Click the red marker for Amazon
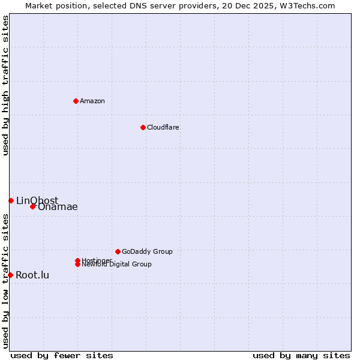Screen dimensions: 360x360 pyautogui.click(x=76, y=101)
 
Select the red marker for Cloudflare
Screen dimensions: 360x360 pyautogui.click(x=143, y=127)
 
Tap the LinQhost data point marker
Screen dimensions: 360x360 pyautogui.click(x=11, y=200)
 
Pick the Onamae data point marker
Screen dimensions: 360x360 pyautogui.click(x=33, y=206)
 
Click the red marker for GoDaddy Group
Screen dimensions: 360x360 pyautogui.click(x=118, y=251)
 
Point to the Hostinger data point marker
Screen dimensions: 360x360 pyautogui.click(x=77, y=260)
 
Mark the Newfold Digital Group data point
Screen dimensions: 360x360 pyautogui.click(x=78, y=264)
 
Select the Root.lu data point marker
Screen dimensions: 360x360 pyautogui.click(x=10, y=275)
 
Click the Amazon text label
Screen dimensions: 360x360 pyautogui.click(x=92, y=101)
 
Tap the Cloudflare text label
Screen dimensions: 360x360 pyautogui.click(x=163, y=127)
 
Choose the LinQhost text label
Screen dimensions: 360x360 pyautogui.click(x=37, y=200)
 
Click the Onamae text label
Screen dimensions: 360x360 pyautogui.click(x=58, y=207)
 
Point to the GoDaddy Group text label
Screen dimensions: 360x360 pyautogui.click(x=147, y=251)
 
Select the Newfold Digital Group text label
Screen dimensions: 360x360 pyautogui.click(x=117, y=265)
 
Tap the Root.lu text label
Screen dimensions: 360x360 pyautogui.click(x=32, y=275)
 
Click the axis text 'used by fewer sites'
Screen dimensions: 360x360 pyautogui.click(x=62, y=355)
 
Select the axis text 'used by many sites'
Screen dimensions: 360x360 pyautogui.click(x=301, y=355)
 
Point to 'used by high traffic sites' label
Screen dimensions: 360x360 pyautogui.click(x=5, y=85)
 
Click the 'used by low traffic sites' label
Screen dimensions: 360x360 pyautogui.click(x=5, y=280)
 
